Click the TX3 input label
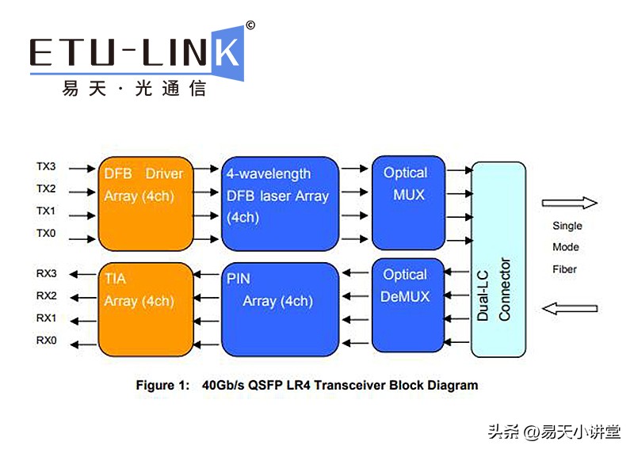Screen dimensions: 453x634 pos(46,167)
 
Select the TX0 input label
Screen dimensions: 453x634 pos(46,234)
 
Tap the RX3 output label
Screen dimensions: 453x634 pos(46,274)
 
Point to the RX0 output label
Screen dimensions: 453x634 pos(46,341)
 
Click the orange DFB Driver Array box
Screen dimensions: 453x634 pos(146,203)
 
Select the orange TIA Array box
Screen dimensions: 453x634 pos(146,309)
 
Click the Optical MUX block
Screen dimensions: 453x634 pos(408,203)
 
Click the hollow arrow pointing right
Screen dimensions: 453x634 pos(569,203)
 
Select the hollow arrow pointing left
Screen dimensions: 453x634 pos(569,307)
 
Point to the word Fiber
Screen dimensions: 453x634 pos(564,269)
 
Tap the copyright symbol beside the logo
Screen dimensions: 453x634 pos(250,25)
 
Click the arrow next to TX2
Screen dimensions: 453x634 pos(78,191)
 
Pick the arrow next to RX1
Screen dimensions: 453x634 pos(78,318)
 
